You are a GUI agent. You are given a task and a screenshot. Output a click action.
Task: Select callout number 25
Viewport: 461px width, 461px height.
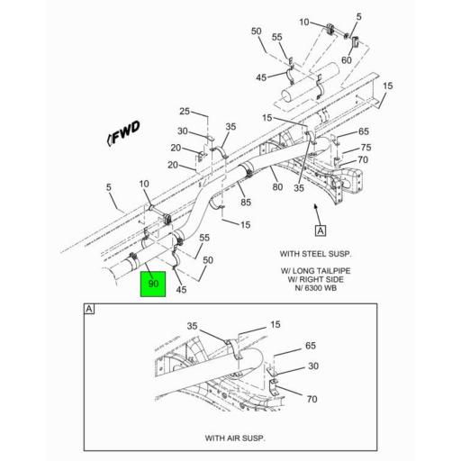click(x=184, y=112)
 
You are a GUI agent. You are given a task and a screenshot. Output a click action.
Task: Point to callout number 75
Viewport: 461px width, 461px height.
click(x=366, y=148)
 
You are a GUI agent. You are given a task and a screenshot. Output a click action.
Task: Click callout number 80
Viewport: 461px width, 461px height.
click(x=277, y=187)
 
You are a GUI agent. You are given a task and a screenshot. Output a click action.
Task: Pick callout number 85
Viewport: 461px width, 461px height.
click(x=246, y=203)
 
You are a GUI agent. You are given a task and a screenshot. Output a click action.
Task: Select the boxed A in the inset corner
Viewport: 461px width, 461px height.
click(x=89, y=310)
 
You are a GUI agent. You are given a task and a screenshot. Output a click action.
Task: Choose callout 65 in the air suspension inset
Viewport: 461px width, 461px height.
click(x=311, y=345)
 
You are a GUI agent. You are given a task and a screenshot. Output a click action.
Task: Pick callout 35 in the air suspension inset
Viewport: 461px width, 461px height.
click(x=191, y=326)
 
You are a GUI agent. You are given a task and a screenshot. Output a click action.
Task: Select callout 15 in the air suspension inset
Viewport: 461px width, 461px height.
click(x=276, y=324)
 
